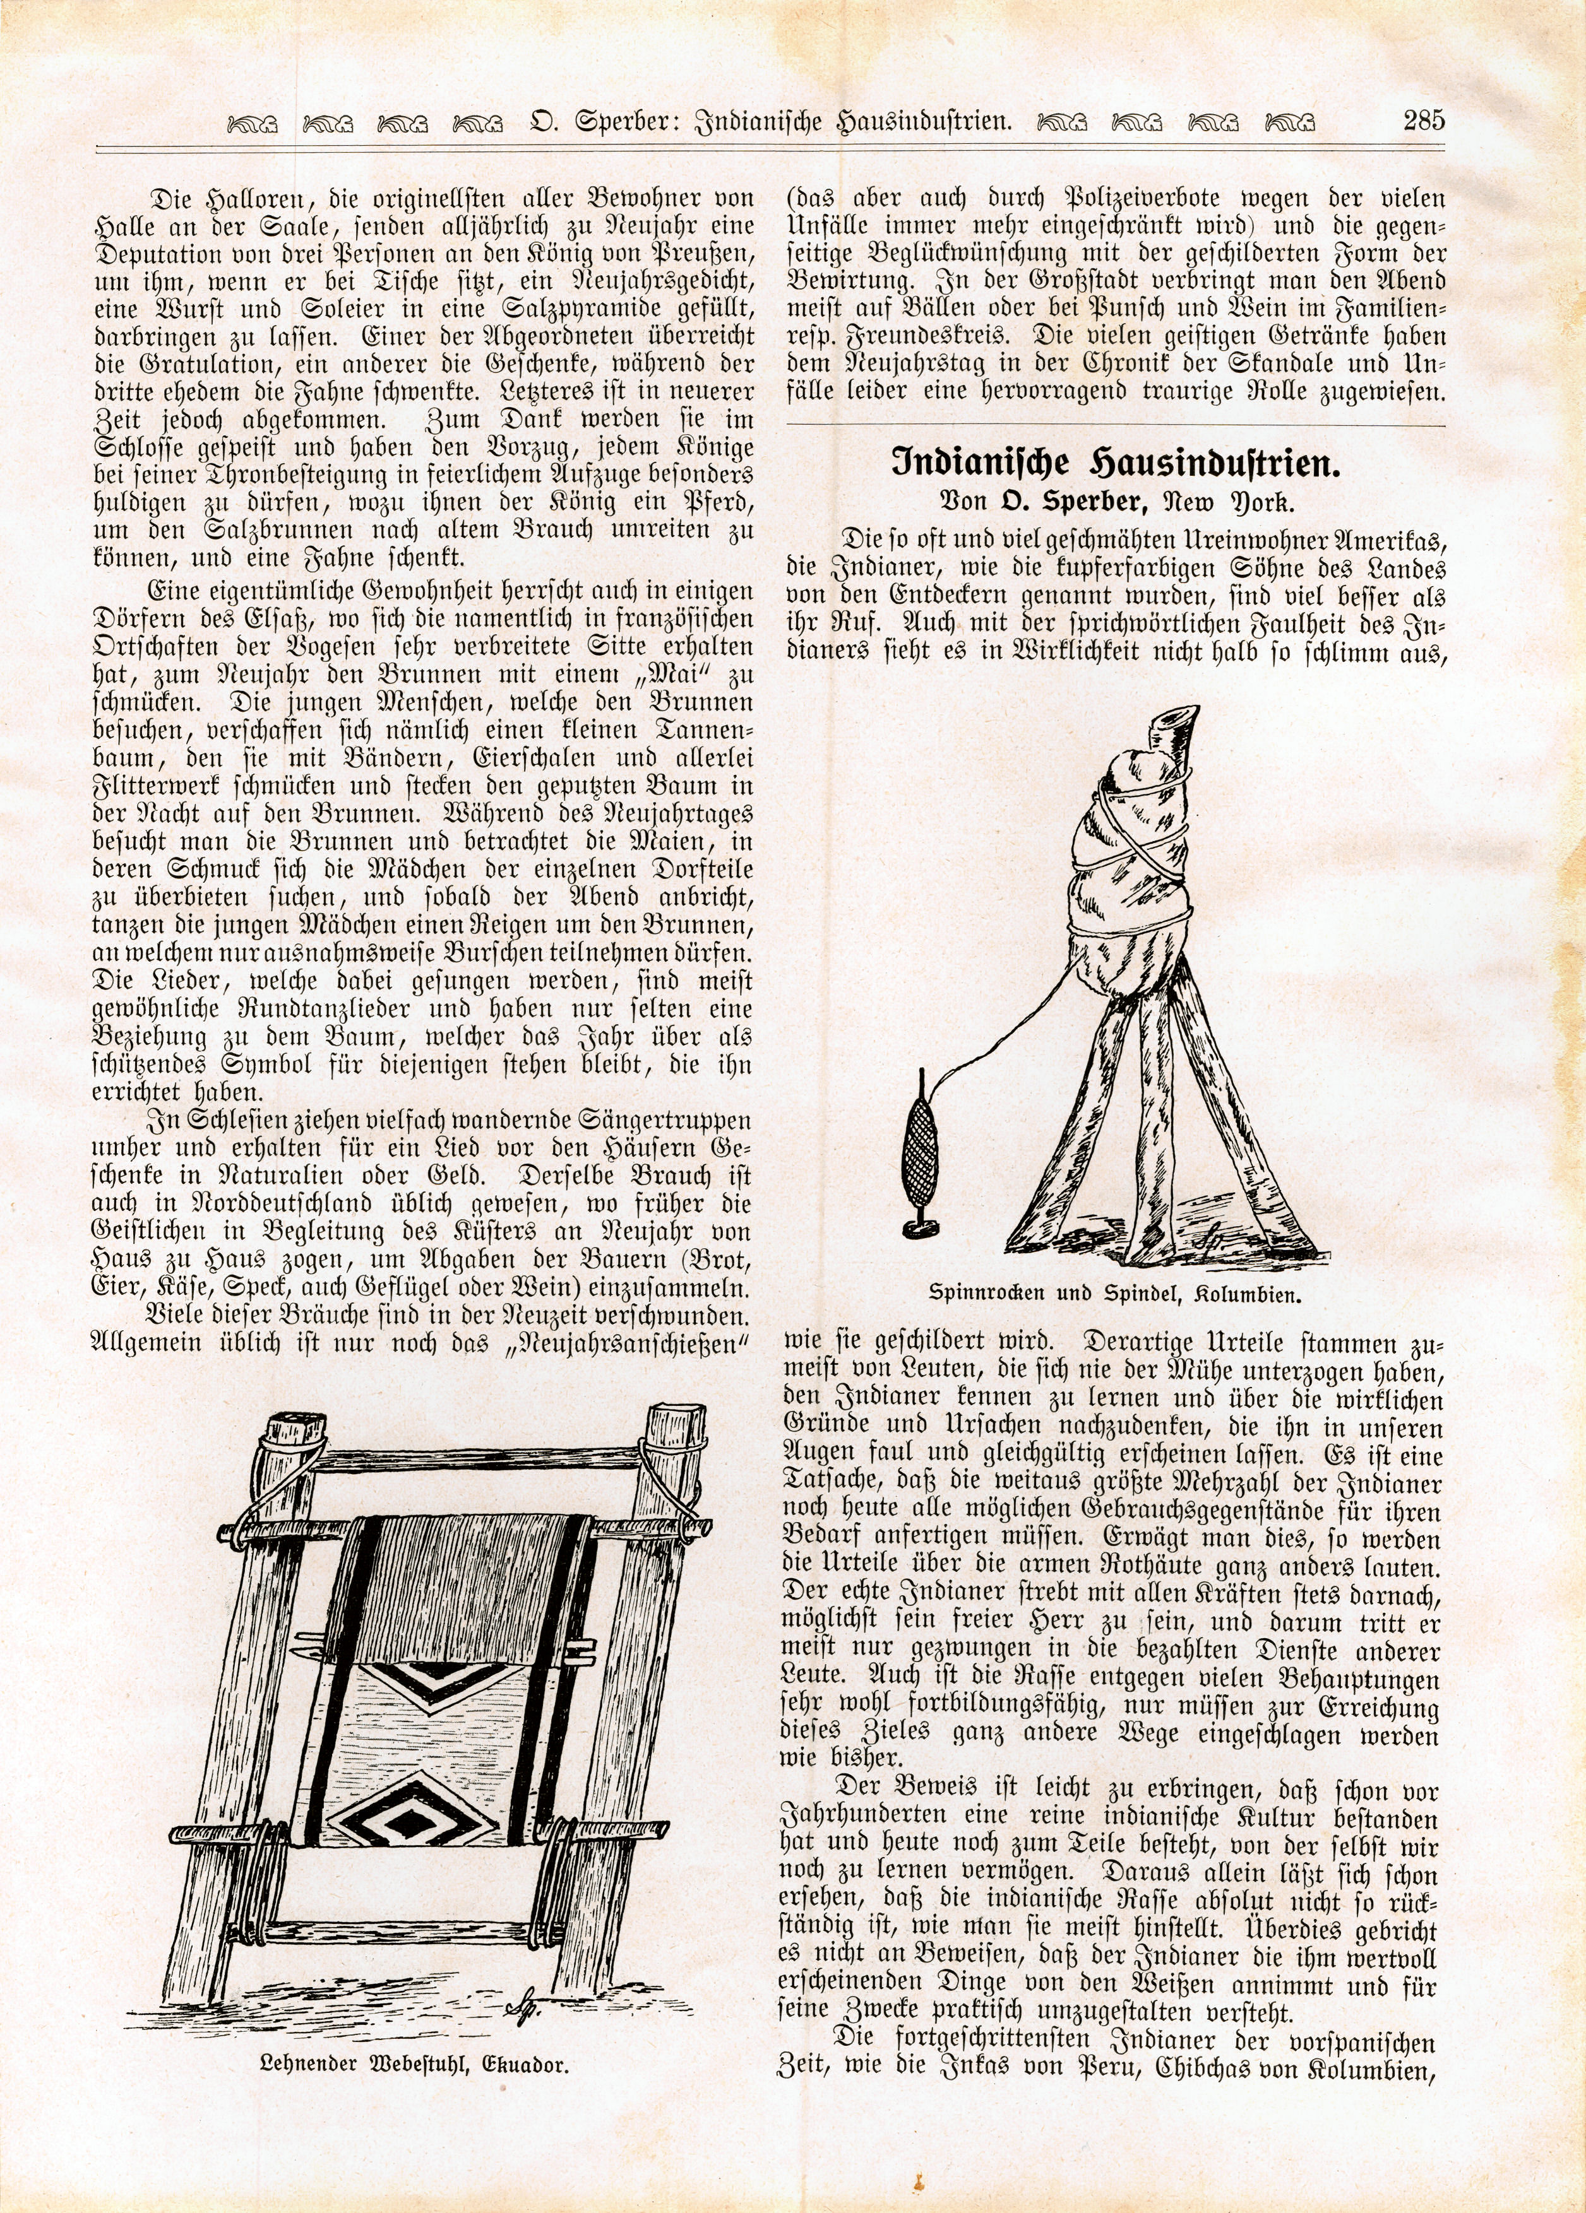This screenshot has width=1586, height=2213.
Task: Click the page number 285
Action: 1423,121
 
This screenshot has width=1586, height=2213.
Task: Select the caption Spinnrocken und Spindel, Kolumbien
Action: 1114,1295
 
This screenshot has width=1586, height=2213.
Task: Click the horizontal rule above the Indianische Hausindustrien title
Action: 1114,425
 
